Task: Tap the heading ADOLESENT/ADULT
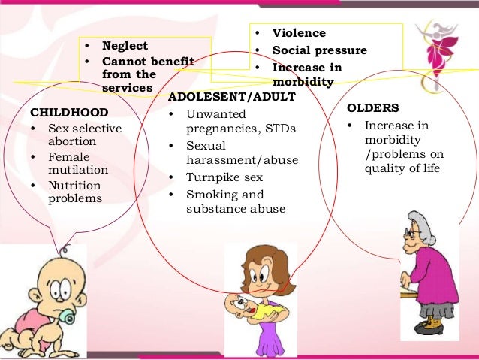click(232, 98)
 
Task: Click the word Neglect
click(125, 45)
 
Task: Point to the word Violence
click(299, 34)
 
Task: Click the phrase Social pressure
click(320, 50)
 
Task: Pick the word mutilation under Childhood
click(77, 169)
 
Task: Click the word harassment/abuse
click(241, 160)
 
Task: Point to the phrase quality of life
click(404, 168)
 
